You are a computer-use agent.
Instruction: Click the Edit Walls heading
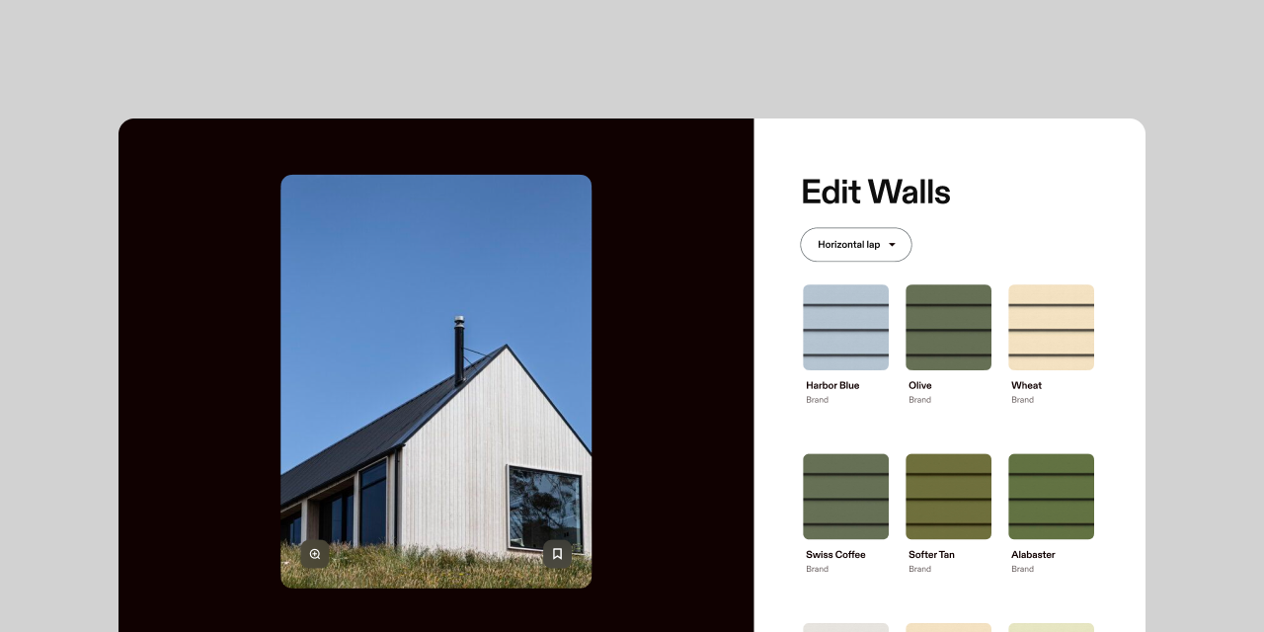[x=876, y=192]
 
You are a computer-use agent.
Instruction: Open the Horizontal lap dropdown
[x=855, y=244]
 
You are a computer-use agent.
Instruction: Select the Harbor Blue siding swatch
[x=846, y=327]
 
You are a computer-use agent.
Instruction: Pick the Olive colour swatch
[x=949, y=327]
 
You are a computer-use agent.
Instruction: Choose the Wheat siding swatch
[x=1052, y=327]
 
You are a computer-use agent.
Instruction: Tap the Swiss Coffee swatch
[x=846, y=497]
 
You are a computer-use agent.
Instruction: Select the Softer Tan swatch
[x=949, y=497]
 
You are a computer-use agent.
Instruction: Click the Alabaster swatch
[x=1052, y=497]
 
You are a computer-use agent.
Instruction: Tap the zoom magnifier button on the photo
[x=315, y=554]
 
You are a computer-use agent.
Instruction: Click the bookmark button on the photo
[x=557, y=554]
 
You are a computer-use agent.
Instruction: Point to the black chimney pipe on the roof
[x=459, y=351]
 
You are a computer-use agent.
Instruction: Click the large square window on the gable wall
[x=544, y=507]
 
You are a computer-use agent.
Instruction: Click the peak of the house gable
[x=507, y=345]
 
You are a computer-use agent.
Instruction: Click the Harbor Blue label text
[x=832, y=385]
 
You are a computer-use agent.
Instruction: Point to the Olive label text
[x=919, y=385]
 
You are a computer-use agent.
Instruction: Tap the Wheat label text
[x=1026, y=385]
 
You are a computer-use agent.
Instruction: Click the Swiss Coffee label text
[x=835, y=555]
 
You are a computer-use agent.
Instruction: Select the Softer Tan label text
[x=931, y=555]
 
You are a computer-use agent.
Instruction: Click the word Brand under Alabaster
[x=1022, y=569]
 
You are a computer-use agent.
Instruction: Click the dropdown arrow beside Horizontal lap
[x=892, y=245]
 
